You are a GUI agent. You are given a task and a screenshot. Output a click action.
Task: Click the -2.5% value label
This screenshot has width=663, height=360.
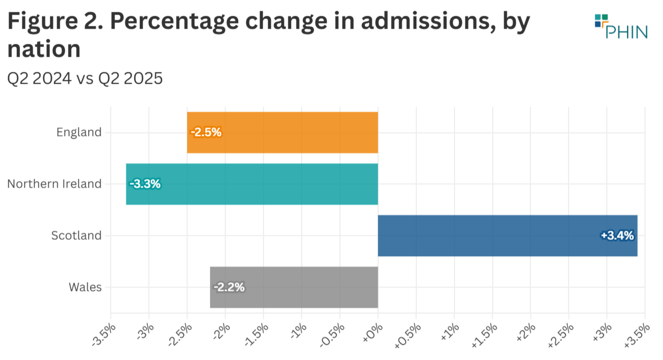206,133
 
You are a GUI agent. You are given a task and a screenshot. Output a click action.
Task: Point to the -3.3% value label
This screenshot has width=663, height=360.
145,184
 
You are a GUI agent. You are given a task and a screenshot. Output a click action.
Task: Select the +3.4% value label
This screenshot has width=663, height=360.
617,236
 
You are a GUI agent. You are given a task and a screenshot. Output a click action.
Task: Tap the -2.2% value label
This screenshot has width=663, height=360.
229,288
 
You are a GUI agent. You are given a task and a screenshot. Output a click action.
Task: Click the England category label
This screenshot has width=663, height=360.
79,133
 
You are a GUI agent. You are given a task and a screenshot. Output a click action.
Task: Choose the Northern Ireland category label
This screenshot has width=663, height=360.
55,184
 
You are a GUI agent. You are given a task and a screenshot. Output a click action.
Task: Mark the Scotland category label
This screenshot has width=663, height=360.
76,236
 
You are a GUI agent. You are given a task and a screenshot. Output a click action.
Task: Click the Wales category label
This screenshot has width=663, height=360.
85,288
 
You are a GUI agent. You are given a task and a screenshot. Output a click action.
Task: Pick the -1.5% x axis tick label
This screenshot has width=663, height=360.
255,332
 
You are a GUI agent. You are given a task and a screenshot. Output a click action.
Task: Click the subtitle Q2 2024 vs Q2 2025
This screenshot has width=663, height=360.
84,79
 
